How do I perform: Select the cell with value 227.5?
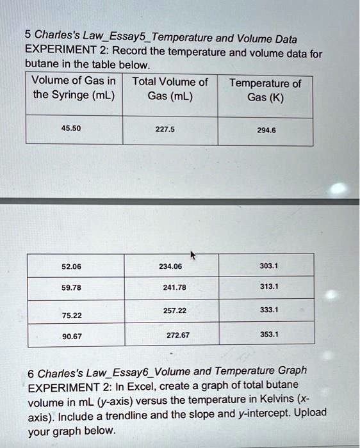tap(165, 128)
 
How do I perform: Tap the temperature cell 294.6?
tap(265, 129)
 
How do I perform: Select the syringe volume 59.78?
tap(70, 287)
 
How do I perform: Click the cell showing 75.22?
tap(70, 315)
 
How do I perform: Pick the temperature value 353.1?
tap(269, 334)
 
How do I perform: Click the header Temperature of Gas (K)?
tap(265, 91)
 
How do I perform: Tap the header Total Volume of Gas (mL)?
tap(170, 89)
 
